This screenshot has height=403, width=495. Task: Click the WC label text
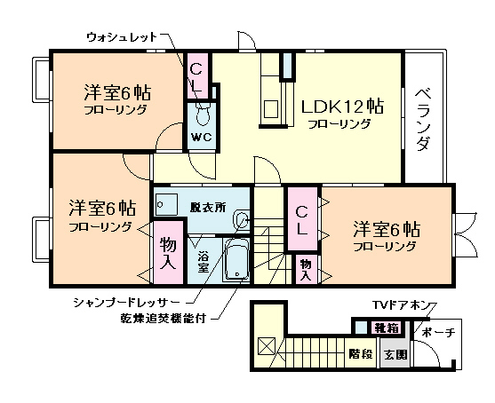pos(201,138)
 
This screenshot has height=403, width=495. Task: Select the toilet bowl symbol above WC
pos(202,115)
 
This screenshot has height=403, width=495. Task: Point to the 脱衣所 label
pos(208,207)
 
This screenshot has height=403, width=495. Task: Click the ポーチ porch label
pos(438,332)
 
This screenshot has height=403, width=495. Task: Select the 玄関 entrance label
pos(395,353)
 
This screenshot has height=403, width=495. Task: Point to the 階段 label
pos(360,353)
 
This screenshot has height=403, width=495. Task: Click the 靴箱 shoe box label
pos(387,328)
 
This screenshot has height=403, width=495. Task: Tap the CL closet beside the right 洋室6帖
pos(302,219)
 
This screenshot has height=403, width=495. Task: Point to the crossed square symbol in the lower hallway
pos(265,345)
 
